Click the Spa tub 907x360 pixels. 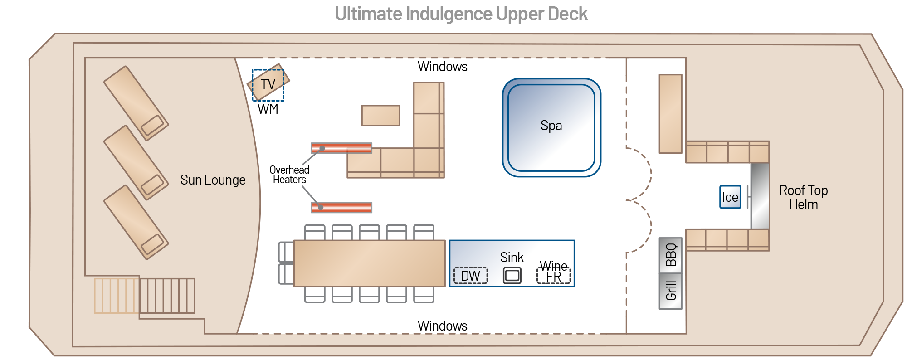click(x=551, y=127)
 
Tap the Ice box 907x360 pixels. click(x=730, y=197)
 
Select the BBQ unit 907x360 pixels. click(x=670, y=255)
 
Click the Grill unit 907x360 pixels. click(x=670, y=291)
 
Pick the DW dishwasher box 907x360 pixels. click(x=471, y=276)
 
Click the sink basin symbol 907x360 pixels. click(x=512, y=275)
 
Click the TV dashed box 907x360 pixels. click(x=268, y=85)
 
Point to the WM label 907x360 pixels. click(x=268, y=109)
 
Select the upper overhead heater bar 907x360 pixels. click(x=341, y=148)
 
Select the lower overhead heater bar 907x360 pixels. click(x=341, y=207)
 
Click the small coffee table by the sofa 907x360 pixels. click(x=380, y=115)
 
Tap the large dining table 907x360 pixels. click(x=370, y=263)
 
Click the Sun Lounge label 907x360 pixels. click(x=213, y=180)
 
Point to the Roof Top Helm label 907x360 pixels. click(x=804, y=197)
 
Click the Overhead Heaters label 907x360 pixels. click(x=289, y=175)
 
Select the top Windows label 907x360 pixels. click(x=442, y=67)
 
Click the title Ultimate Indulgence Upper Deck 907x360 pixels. click(x=461, y=15)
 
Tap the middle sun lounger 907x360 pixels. click(x=136, y=162)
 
